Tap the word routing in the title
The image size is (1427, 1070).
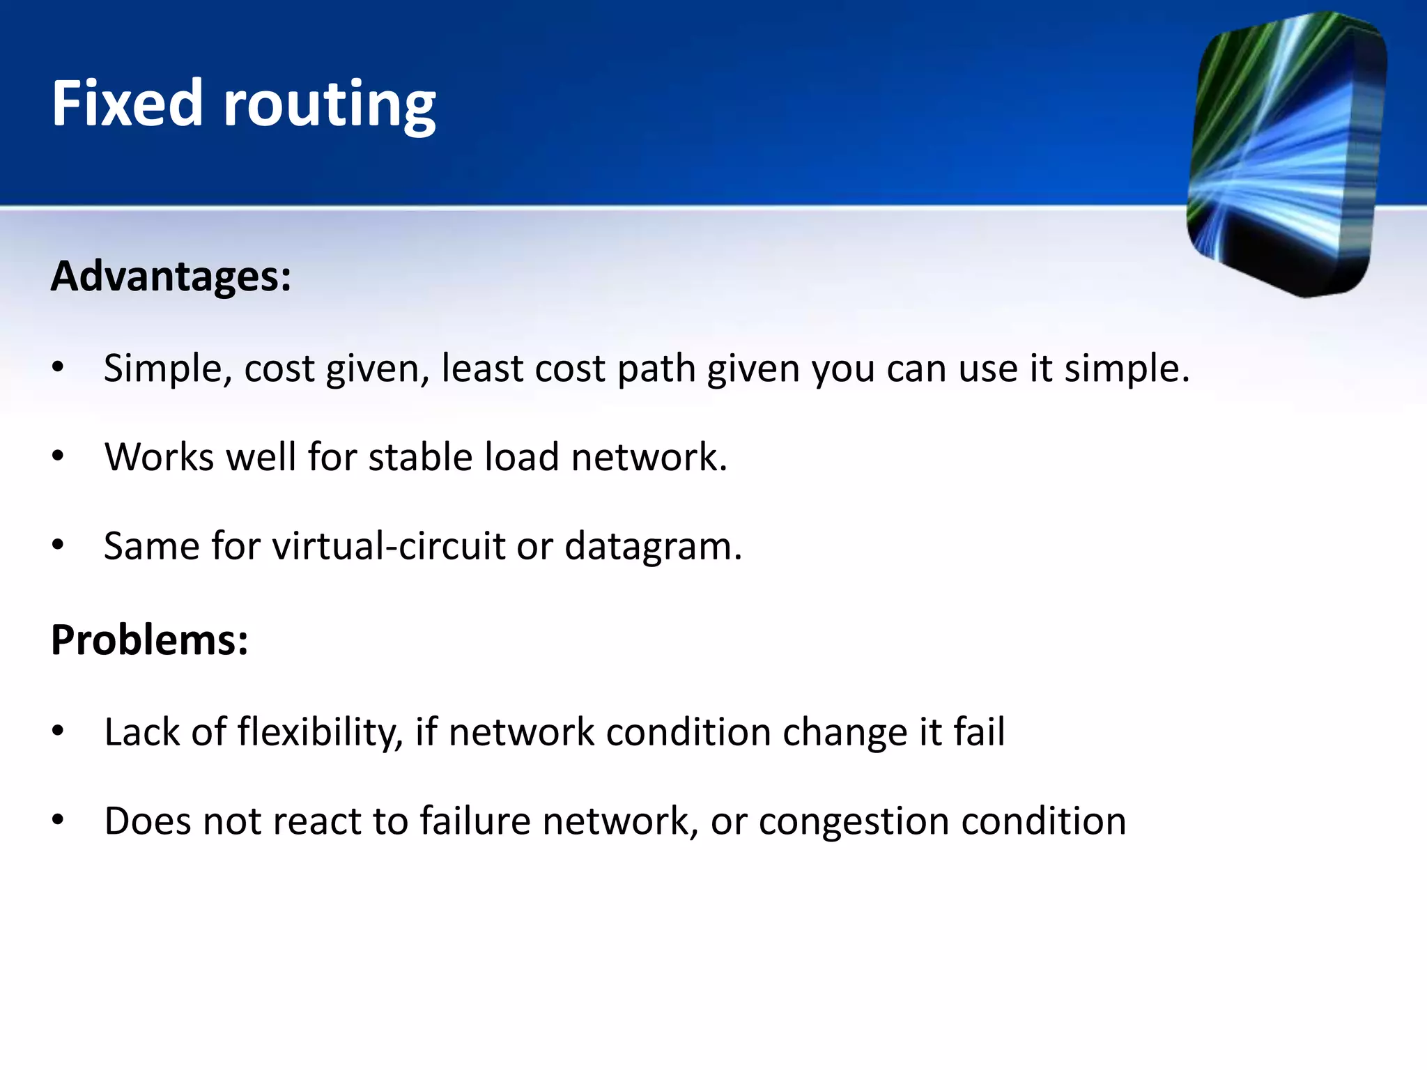329,106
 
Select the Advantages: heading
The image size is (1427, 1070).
171,277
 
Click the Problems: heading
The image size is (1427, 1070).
149,639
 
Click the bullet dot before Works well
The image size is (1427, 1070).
58,457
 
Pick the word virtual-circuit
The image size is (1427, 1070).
388,546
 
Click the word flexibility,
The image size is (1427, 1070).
320,733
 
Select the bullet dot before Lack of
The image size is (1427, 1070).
58,731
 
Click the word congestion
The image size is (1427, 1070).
854,823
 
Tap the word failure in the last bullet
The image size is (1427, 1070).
475,821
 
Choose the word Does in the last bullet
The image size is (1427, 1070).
147,821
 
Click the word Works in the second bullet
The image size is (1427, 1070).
159,458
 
